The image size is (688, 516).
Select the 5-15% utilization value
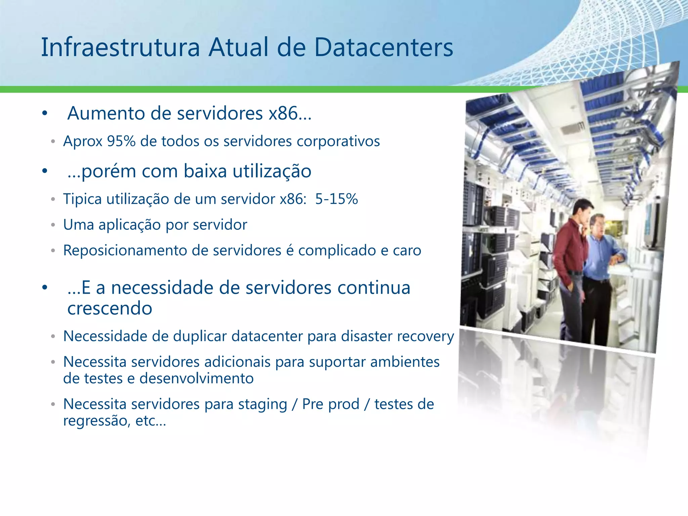(x=336, y=199)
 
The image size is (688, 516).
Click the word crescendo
(x=110, y=308)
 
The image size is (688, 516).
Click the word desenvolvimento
(x=197, y=379)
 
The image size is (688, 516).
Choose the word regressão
(x=95, y=421)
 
